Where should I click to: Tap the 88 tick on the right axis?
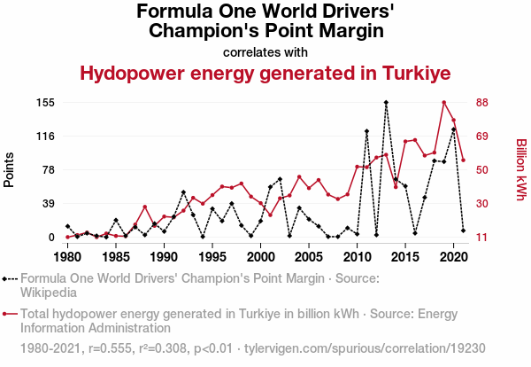click(483, 103)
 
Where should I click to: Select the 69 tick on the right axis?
click(483, 137)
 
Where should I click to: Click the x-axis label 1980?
click(67, 256)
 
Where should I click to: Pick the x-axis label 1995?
click(212, 256)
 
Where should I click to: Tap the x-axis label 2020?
click(453, 256)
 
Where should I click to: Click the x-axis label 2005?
click(308, 256)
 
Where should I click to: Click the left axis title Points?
click(10, 169)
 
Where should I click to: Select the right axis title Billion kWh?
click(520, 169)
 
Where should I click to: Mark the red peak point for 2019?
click(444, 103)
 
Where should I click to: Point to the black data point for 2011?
click(366, 131)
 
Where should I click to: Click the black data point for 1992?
click(183, 192)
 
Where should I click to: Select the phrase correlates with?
click(265, 51)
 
